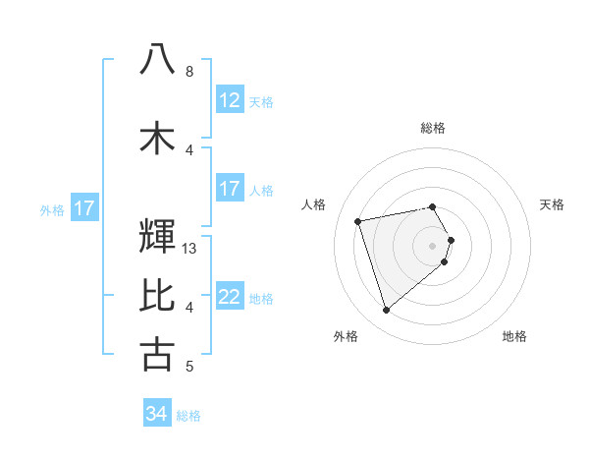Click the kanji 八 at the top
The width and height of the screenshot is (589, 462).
pos(157,59)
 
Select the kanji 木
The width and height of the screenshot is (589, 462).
pos(157,138)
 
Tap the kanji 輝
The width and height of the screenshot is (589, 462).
pos(157,237)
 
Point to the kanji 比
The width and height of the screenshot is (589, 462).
pos(157,295)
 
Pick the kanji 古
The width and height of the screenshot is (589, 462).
pos(157,354)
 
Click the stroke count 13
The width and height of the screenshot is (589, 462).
pos(190,249)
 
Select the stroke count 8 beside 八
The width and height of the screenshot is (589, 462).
pos(188,72)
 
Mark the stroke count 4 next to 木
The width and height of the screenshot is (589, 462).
pos(188,150)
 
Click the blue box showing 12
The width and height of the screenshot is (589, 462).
pos(229,100)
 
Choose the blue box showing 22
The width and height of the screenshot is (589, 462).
pos(229,297)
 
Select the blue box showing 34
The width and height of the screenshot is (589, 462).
pos(156,414)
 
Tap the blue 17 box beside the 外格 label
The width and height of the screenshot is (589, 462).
pos(83,208)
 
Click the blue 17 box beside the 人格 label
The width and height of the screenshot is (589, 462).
pos(229,189)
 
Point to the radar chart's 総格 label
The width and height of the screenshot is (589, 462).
pos(432,128)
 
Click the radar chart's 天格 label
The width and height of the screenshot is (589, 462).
pos(552,204)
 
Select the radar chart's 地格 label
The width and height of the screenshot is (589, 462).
pos(514,336)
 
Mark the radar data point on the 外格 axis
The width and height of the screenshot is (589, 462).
pos(386,311)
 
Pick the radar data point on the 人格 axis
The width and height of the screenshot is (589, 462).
pos(358,220)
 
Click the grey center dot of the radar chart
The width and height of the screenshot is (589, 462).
pos(432,245)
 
